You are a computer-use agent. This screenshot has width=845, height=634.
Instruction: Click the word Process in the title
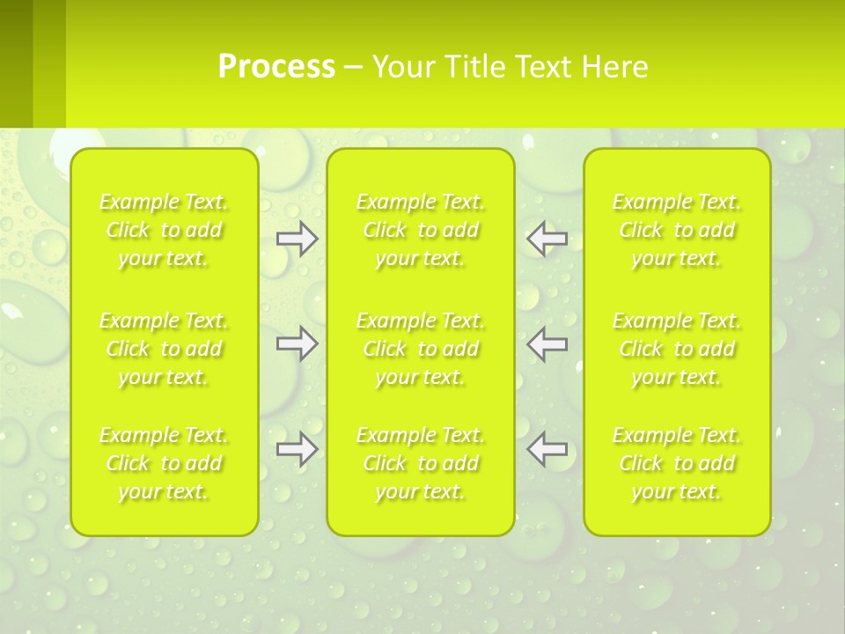tap(276, 67)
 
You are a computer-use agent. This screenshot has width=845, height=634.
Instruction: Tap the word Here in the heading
tap(614, 67)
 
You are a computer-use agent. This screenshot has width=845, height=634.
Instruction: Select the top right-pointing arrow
tap(298, 239)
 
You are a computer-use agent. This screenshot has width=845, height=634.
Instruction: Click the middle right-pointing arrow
tap(298, 343)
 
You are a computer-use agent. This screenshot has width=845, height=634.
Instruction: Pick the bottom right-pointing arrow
tap(298, 450)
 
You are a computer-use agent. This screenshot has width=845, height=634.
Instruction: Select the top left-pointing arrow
tap(547, 239)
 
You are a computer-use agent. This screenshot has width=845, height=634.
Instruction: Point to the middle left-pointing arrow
tap(547, 343)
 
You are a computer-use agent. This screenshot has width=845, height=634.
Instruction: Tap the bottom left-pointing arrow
tap(547, 450)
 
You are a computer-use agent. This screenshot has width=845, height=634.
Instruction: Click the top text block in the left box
tap(164, 231)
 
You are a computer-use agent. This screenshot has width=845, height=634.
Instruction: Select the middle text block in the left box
tap(164, 349)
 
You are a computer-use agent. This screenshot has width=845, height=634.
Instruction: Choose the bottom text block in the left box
tap(164, 463)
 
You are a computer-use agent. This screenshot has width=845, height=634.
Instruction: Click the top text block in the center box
tap(421, 231)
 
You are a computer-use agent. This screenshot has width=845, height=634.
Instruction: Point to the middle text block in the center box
tap(421, 349)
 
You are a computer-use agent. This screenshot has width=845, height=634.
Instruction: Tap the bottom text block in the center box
tap(421, 463)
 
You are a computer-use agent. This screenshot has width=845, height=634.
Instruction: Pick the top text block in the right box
tap(677, 231)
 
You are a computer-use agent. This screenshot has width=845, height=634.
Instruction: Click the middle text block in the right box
tap(677, 349)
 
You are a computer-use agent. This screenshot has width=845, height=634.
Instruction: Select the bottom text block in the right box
tap(677, 463)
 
